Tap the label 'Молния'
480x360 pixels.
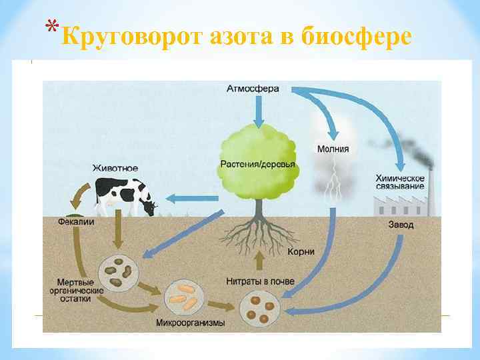pos(333,149)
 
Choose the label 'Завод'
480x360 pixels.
pos(401,225)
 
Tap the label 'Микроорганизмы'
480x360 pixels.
pos(190,323)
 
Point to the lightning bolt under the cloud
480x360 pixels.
pos(331,187)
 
